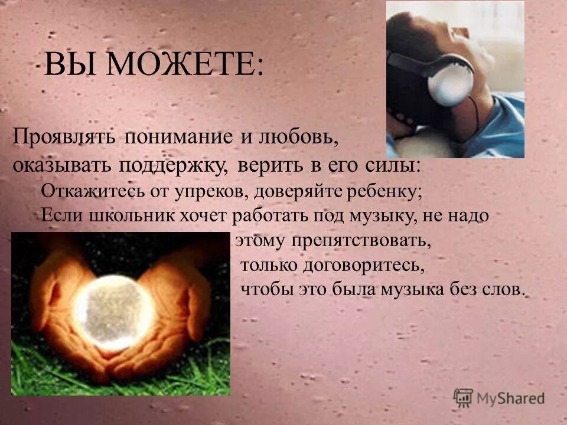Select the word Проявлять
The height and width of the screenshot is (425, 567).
click(x=66, y=137)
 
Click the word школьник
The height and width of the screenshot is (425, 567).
click(x=120, y=215)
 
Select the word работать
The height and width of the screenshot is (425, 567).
click(x=270, y=215)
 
